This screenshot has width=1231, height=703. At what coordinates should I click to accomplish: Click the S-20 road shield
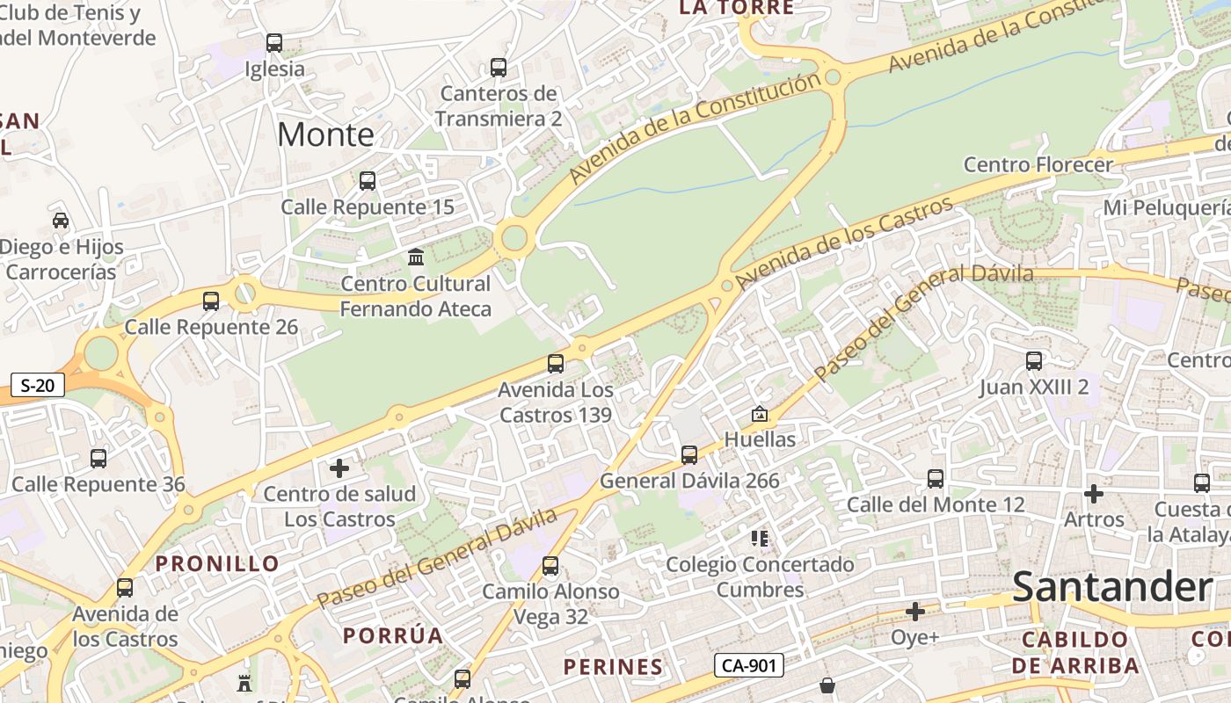point(39,385)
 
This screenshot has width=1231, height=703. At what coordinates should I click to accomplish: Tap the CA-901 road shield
point(747,665)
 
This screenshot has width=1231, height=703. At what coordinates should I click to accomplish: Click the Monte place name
point(325,134)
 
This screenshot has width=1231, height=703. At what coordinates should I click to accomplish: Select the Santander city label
point(1112,586)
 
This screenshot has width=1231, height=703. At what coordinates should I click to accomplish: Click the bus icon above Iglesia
point(274,42)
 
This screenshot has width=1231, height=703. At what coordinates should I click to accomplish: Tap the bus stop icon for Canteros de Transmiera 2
point(499,67)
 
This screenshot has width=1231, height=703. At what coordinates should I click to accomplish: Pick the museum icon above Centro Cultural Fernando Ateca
point(416,257)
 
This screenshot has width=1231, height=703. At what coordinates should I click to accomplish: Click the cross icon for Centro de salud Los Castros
point(339,468)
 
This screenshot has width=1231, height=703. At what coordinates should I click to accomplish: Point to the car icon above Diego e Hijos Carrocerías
point(61,220)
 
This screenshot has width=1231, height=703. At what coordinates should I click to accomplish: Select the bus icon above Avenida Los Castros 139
point(556,363)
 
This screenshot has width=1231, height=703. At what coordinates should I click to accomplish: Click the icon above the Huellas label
point(760,413)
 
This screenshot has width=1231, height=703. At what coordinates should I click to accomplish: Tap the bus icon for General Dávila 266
point(689,454)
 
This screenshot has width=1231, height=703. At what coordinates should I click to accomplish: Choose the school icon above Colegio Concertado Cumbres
point(760,538)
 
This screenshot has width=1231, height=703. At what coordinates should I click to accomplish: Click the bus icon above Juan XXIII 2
point(1034,360)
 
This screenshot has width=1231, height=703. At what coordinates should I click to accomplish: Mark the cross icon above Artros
point(1094,494)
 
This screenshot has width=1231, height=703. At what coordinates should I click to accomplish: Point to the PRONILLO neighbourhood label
point(218,563)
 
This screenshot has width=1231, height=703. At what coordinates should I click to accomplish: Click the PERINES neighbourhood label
point(614,667)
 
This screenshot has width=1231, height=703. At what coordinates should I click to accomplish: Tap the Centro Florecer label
point(1038,164)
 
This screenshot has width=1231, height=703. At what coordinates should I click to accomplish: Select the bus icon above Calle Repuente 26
point(211,301)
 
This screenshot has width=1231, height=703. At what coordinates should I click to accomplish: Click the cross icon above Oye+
point(915,612)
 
